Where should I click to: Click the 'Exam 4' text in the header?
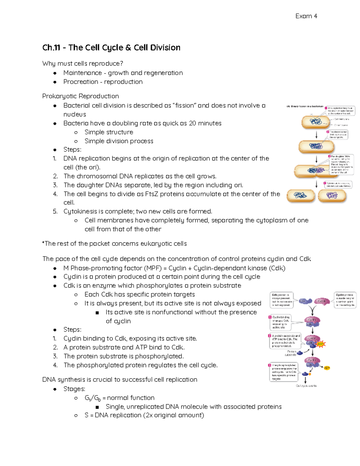pyautogui.click(x=306, y=16)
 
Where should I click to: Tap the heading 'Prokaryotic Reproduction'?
pyautogui.click(x=80, y=96)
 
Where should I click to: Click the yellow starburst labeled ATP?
pyautogui.click(x=321, y=344)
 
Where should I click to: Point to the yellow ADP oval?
pyautogui.click(x=327, y=368)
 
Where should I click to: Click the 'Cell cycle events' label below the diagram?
pyautogui.click(x=306, y=386)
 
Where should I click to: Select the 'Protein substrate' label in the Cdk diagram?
pyautogui.click(x=291, y=353)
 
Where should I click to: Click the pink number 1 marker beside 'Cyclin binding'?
pyautogui.click(x=270, y=317)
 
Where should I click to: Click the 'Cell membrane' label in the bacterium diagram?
pyautogui.click(x=341, y=119)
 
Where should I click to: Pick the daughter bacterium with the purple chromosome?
pyautogui.click(x=332, y=196)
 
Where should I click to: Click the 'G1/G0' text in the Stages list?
pyautogui.click(x=92, y=398)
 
